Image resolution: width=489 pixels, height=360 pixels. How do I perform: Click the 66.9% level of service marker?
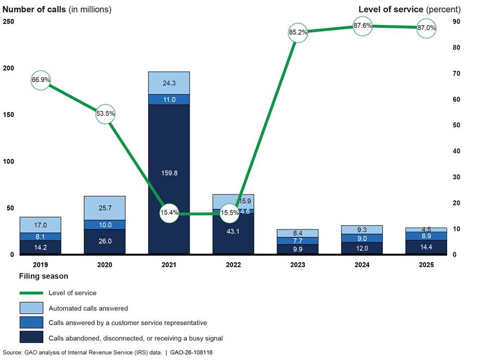[41, 80]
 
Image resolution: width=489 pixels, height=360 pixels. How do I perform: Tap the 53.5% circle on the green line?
[105, 114]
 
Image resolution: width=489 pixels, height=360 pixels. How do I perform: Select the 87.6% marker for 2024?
[362, 26]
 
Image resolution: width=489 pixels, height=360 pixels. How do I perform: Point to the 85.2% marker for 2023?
[298, 32]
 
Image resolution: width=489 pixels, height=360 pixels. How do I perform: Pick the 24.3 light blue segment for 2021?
[168, 83]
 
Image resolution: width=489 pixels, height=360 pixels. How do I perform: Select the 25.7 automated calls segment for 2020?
[104, 208]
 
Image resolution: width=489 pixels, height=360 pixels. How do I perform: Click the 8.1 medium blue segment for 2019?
[40, 237]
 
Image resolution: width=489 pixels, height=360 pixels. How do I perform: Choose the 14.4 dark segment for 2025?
[426, 247]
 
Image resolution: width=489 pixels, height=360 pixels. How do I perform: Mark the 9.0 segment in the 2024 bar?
[362, 238]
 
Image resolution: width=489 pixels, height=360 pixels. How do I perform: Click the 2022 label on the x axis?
[233, 265]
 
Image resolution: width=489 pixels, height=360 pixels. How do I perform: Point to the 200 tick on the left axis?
[9, 69]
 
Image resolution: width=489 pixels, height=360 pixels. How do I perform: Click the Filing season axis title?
[43, 276]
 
